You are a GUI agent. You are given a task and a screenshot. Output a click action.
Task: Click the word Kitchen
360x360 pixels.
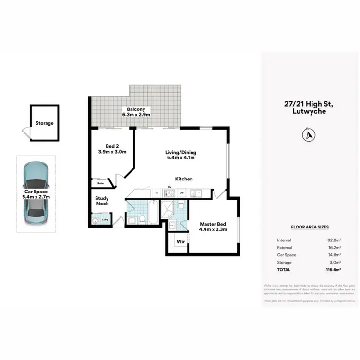tap(183, 179)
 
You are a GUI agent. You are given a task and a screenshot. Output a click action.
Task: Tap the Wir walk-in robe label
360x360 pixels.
tap(180, 241)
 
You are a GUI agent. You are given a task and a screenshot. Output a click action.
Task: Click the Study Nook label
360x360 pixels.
tap(102, 201)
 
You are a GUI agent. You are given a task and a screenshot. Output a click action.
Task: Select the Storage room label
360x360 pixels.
tap(44, 123)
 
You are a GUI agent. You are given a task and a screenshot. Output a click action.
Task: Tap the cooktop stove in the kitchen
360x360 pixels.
tap(170, 193)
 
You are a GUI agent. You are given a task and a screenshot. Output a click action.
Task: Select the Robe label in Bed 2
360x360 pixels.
tap(101, 183)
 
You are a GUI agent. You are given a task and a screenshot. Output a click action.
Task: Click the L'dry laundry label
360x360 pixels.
tap(104, 221)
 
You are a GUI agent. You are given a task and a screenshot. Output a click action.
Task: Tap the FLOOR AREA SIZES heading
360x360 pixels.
tap(310, 227)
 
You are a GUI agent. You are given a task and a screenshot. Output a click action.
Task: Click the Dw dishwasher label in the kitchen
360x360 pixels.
tap(182, 193)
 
